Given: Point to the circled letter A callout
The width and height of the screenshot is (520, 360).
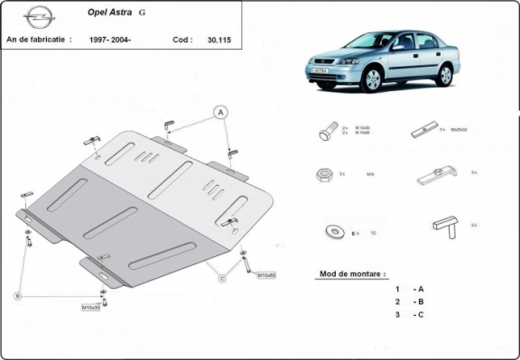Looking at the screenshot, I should point(218,113).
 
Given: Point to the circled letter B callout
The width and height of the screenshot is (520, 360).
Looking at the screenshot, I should point(16,296).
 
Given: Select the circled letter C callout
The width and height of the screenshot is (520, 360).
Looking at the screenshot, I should point(221,278).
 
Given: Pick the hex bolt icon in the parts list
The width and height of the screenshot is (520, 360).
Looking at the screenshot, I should point(326,133).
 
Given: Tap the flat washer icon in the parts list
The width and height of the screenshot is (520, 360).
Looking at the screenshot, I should point(330,232).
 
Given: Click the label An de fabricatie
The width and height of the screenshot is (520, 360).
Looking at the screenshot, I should point(38,41).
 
